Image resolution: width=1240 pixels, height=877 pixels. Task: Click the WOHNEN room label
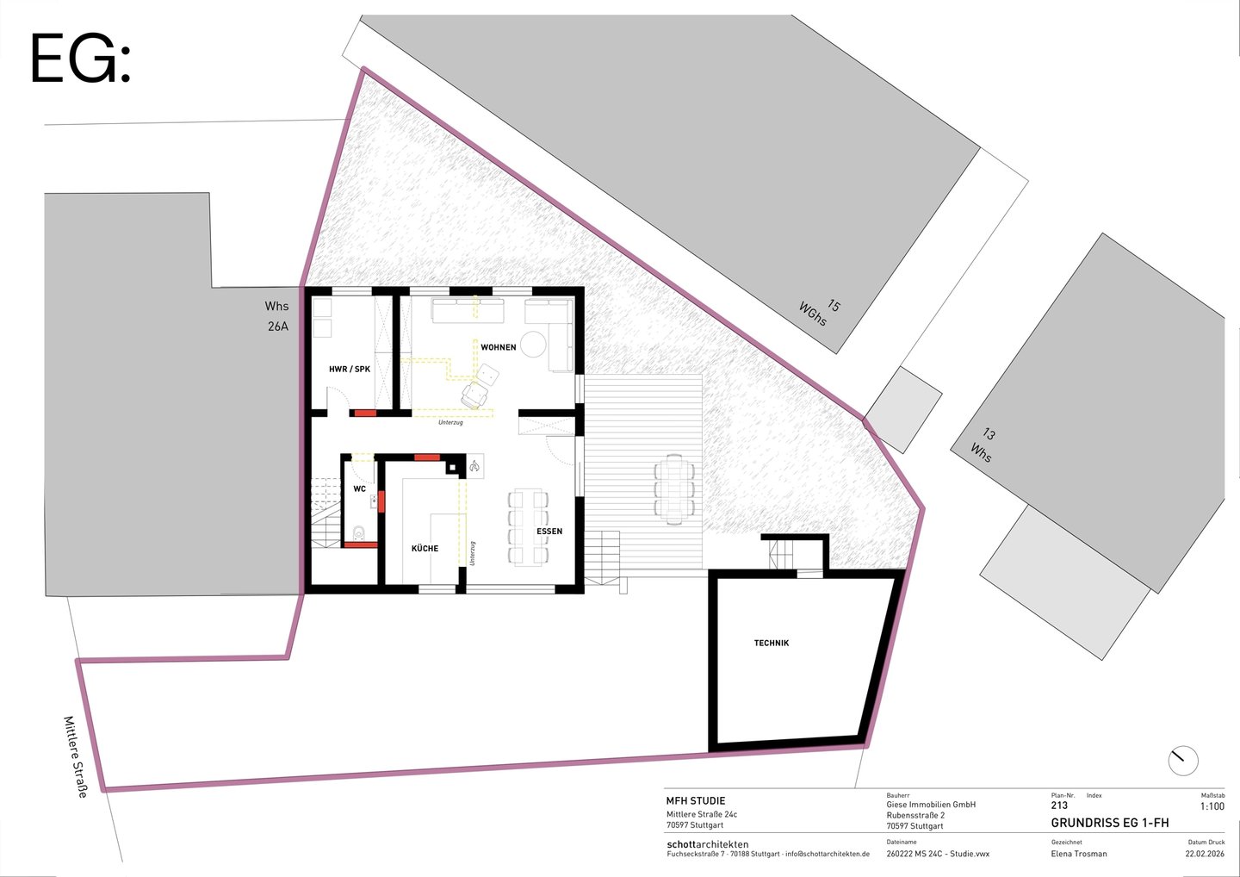click(x=499, y=347)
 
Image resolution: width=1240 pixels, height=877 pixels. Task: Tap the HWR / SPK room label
click(x=350, y=369)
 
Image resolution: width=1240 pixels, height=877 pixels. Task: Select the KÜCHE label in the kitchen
click(x=425, y=548)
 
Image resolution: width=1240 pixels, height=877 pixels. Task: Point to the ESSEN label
click(x=549, y=531)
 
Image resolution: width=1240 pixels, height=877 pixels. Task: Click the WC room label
click(x=359, y=488)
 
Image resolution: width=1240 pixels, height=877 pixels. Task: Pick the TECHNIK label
click(x=772, y=643)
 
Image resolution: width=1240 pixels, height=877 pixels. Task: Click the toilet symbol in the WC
click(x=359, y=532)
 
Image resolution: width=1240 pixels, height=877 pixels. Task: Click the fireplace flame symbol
click(x=474, y=467)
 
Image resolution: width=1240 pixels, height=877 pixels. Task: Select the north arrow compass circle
click(x=1183, y=761)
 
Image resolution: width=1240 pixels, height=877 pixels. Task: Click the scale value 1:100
click(x=1212, y=806)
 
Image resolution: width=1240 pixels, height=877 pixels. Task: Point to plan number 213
click(x=1059, y=805)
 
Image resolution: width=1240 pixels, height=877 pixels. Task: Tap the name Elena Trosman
click(x=1079, y=854)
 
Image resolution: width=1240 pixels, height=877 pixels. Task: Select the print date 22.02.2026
click(x=1206, y=854)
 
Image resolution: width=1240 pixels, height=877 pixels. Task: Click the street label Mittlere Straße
click(x=76, y=756)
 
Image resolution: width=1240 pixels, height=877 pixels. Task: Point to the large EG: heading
click(x=80, y=58)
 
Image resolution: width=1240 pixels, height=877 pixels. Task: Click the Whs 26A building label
click(x=276, y=316)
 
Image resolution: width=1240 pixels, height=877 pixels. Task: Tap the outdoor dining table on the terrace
click(x=673, y=489)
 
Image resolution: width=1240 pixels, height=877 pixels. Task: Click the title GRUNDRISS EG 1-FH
click(x=1110, y=823)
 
